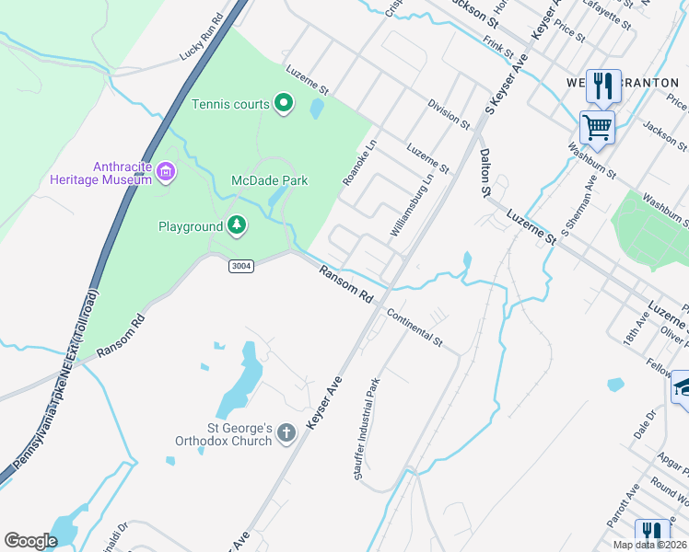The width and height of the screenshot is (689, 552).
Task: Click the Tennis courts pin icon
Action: pos(284,104)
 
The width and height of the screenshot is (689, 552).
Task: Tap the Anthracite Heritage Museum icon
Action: pos(166,170)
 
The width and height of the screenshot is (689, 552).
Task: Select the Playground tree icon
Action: pos(237,225)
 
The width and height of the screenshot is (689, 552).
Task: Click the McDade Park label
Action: pos(269,181)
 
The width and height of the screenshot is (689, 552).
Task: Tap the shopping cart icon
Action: pos(598,126)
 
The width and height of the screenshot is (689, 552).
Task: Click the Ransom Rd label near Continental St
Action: pos(345,284)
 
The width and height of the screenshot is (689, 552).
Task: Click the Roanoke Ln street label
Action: pos(360,162)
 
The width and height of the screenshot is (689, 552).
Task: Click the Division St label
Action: pos(450,114)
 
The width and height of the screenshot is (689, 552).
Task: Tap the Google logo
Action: pos(30,540)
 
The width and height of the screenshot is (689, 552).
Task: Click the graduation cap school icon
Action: pos(681,387)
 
